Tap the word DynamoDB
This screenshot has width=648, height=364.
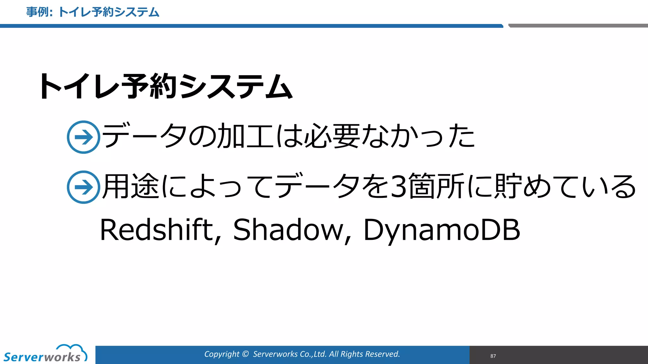(442, 230)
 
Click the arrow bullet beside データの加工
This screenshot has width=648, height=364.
(84, 137)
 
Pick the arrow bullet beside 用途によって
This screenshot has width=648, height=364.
(84, 187)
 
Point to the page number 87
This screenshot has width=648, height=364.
(493, 356)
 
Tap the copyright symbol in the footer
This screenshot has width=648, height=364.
(245, 354)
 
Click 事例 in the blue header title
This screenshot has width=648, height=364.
(37, 12)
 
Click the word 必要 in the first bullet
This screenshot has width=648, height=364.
(332, 136)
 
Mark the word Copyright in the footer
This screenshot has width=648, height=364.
(221, 354)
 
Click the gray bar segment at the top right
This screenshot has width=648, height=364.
(578, 26)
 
